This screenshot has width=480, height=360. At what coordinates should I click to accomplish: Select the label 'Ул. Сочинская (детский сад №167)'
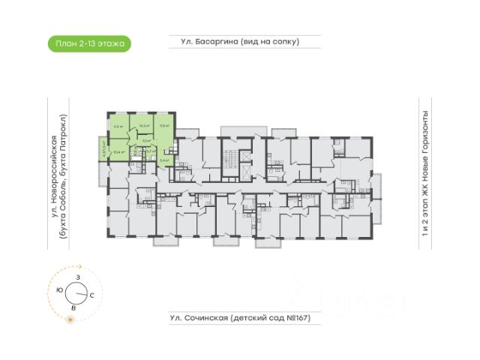coord(235,319)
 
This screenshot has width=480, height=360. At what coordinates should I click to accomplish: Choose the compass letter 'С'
coord(91,296)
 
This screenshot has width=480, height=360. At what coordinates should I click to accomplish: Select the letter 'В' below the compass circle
coord(73,308)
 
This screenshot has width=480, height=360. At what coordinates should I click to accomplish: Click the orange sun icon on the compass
coord(70,320)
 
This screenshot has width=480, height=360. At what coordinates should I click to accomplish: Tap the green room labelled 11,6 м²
coord(118,127)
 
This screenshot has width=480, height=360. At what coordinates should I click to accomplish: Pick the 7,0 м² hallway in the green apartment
coord(145,139)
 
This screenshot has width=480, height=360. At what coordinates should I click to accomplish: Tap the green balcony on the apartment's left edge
coord(104,151)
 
